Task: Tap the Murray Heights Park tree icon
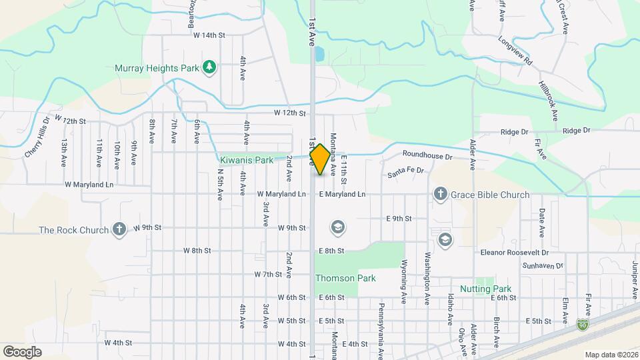(210, 67)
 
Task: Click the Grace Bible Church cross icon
(440, 195)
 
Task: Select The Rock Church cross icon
(119, 230)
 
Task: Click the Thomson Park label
(345, 278)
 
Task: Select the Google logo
(22, 351)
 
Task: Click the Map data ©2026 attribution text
(611, 354)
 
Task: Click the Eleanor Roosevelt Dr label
(514, 253)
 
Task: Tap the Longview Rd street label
(517, 50)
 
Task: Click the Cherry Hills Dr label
(37, 138)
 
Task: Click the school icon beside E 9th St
(338, 228)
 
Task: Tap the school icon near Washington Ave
(445, 239)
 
